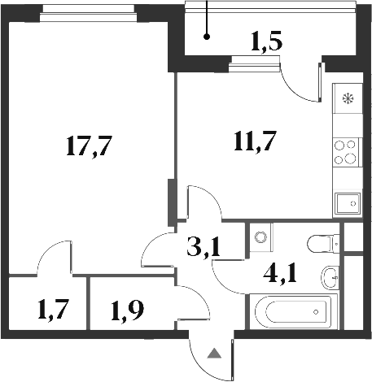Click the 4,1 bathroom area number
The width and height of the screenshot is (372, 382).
pos(281,268)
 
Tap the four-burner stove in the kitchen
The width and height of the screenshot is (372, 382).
pos(348,151)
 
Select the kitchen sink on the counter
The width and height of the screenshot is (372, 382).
pos(348,202)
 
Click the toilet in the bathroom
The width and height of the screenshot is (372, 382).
pos(325,242)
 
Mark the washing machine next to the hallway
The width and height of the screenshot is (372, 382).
pos(260,237)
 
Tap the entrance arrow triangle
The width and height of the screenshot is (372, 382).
pos(213,354)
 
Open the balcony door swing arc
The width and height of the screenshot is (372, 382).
pos(300,84)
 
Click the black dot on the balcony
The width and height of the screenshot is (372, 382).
pos(207,37)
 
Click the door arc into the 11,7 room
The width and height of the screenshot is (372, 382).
pos(200,203)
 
